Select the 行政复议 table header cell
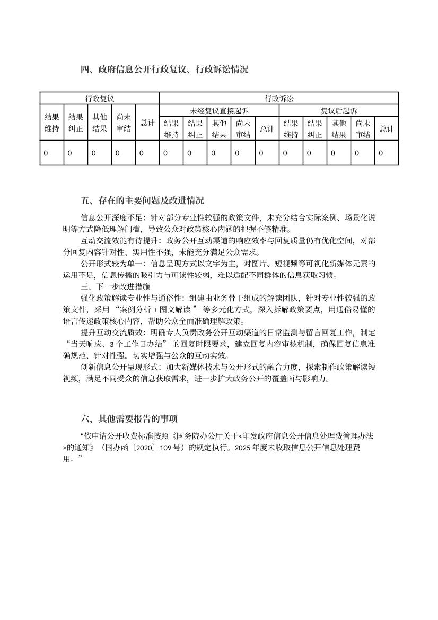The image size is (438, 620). click(x=100, y=99)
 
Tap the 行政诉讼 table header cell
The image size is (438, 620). click(x=279, y=99)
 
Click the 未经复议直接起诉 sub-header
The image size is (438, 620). click(x=219, y=111)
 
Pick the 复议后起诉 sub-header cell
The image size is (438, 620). click(x=339, y=111)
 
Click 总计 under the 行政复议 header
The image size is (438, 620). click(x=147, y=123)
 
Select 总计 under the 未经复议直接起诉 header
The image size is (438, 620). click(x=267, y=129)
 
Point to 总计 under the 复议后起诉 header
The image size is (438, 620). click(x=387, y=129)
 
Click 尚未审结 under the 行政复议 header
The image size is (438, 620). click(x=124, y=123)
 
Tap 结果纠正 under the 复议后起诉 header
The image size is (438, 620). click(x=315, y=129)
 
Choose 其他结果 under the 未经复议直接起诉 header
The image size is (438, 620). click(x=219, y=129)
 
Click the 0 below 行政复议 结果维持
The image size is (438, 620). click(x=46, y=153)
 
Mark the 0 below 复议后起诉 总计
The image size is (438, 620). click(x=381, y=153)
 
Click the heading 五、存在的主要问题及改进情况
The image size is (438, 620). click(x=143, y=201)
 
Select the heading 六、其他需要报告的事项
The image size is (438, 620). click(x=129, y=420)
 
